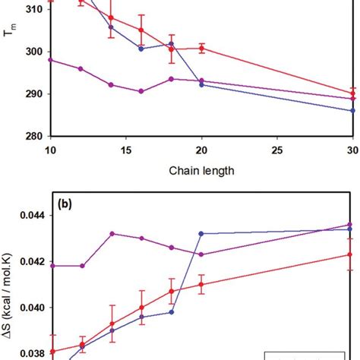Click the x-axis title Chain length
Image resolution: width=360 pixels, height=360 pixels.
point(201,171)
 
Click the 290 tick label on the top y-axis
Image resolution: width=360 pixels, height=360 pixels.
point(34,94)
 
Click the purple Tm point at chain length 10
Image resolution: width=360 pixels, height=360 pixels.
point(50,59)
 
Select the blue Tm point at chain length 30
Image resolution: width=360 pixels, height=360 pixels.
point(352,110)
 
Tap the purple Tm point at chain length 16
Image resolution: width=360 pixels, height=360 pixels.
point(141,91)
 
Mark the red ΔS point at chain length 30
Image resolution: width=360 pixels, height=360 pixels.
point(351,254)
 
